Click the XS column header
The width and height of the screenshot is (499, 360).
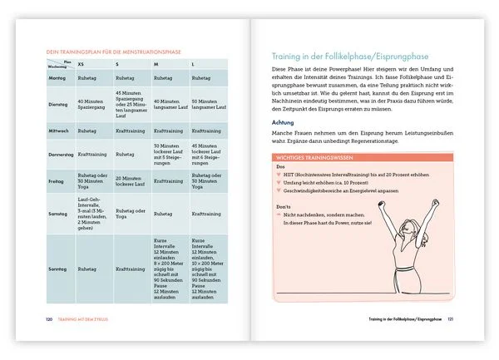pos(81,63)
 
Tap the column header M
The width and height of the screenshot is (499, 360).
pos(156,63)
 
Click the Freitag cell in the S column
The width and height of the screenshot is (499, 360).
pos(131,179)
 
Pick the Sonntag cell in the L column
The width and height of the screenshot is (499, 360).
pos(209,269)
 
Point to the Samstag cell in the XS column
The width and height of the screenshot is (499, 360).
pos(93,215)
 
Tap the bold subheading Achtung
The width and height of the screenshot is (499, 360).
pos(284,123)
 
